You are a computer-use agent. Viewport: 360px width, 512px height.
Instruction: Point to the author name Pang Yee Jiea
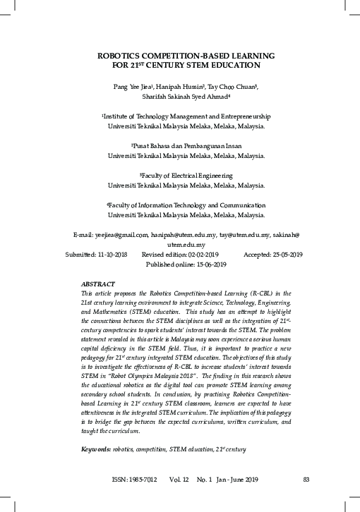(x=123, y=85)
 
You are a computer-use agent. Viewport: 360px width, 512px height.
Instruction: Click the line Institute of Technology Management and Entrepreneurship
(x=186, y=116)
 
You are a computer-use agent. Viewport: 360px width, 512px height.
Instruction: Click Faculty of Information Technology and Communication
(x=186, y=205)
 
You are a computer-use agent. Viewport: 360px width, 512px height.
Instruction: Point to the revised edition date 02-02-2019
(x=200, y=254)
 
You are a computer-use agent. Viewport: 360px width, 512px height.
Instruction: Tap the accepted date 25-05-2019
(x=284, y=254)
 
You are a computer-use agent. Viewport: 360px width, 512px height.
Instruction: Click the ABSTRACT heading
(x=98, y=283)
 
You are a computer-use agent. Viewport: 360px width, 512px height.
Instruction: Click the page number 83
(x=306, y=480)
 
